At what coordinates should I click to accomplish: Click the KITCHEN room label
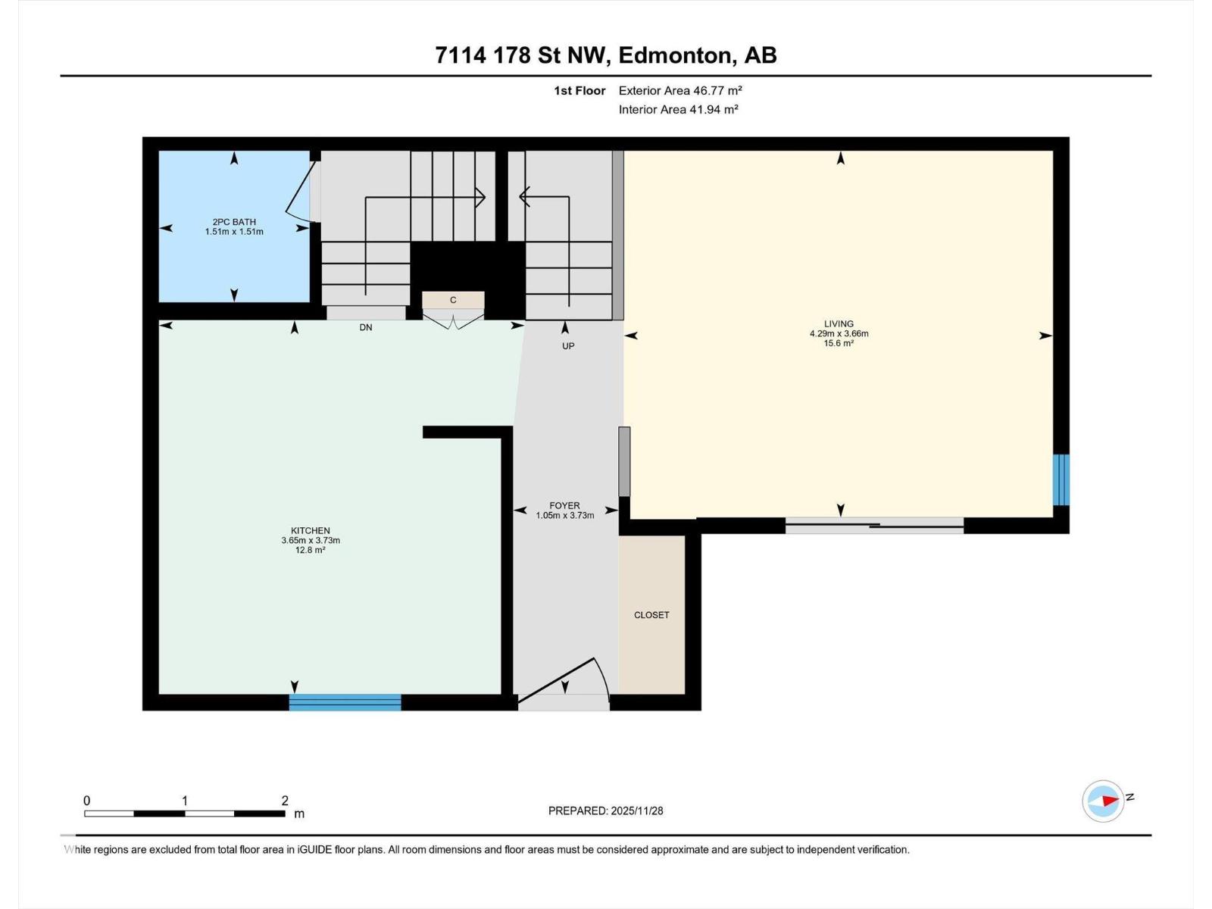pos(311,531)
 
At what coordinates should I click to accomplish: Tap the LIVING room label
pos(839,324)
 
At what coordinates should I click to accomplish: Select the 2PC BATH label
pos(234,222)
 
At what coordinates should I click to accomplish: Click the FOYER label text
pos(564,505)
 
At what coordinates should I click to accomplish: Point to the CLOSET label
pos(651,615)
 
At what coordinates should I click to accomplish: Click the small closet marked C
pos(453,300)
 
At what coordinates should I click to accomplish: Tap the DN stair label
pos(366,327)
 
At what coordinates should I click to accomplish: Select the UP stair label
pos(568,346)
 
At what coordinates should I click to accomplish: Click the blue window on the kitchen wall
pos(345,702)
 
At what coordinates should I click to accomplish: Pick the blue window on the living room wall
pos(1061,479)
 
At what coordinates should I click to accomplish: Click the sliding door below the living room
pos(874,525)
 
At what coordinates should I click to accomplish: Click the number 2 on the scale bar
pos(285,801)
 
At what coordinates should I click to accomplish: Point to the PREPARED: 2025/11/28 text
pos(605,811)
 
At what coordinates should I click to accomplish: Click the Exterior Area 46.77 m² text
pos(679,90)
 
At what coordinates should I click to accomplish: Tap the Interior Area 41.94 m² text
pos(678,109)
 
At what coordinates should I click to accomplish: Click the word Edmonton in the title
pos(676,55)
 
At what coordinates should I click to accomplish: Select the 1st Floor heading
pos(579,90)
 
